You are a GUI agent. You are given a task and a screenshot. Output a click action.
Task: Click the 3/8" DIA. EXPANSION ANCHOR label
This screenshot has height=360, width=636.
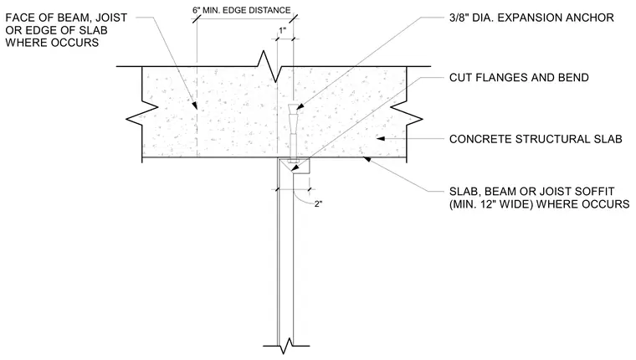[x=531, y=18]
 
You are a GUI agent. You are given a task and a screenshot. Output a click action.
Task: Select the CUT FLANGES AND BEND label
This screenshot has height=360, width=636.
[x=519, y=78]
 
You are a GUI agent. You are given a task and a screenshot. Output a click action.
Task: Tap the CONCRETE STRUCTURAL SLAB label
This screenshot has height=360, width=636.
[x=536, y=139]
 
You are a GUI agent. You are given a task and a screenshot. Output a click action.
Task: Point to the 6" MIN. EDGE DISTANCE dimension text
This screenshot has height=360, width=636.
[x=241, y=10]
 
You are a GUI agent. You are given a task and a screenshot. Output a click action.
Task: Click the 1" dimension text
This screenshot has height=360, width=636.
[x=282, y=30]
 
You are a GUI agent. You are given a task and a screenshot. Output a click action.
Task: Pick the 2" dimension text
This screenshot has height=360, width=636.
[x=318, y=203]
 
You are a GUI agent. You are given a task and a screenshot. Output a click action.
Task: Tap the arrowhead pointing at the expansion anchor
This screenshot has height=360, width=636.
[x=300, y=106]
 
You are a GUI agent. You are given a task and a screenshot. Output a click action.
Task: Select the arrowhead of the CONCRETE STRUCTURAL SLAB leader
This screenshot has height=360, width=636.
[x=381, y=139]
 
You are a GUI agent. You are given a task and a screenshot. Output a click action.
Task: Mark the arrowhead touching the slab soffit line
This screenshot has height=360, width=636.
[x=367, y=160]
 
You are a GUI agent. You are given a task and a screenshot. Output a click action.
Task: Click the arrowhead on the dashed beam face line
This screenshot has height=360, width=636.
[x=195, y=105]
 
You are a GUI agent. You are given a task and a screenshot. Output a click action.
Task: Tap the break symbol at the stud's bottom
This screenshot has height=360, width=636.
[x=286, y=346]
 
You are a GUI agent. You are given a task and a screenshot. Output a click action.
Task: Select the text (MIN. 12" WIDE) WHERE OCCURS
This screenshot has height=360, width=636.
[x=539, y=203]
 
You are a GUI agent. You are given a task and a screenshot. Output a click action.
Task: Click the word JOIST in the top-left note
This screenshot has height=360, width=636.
[x=110, y=18]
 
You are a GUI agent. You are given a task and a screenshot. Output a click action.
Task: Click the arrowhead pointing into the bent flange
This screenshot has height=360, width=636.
[x=294, y=167]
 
